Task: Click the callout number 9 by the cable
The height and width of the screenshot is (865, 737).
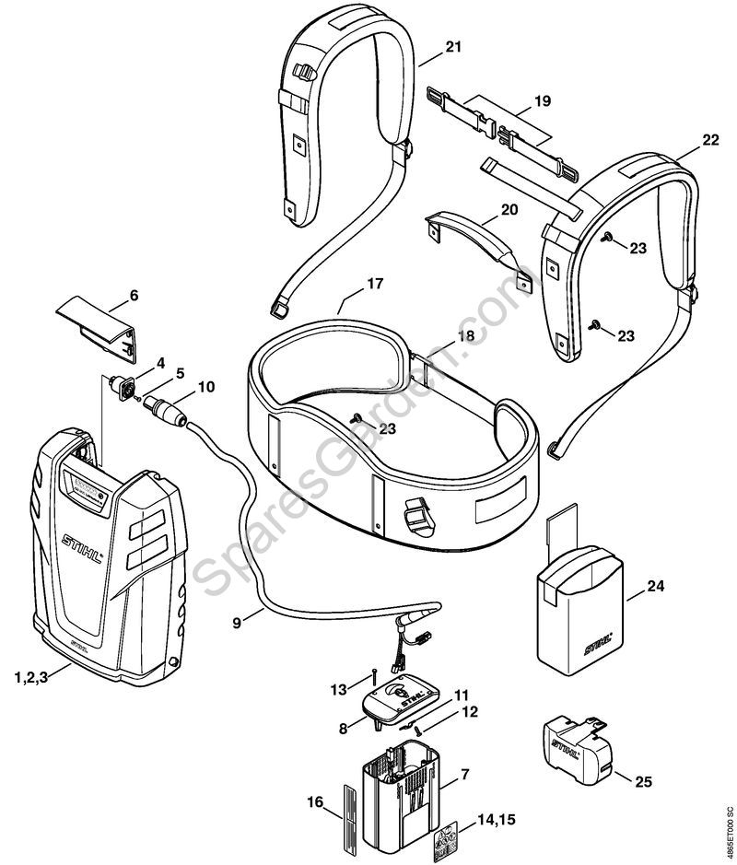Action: click(x=238, y=623)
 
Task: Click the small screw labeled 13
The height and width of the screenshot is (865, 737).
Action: click(x=377, y=672)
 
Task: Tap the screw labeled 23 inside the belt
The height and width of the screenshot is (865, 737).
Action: click(x=355, y=417)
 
